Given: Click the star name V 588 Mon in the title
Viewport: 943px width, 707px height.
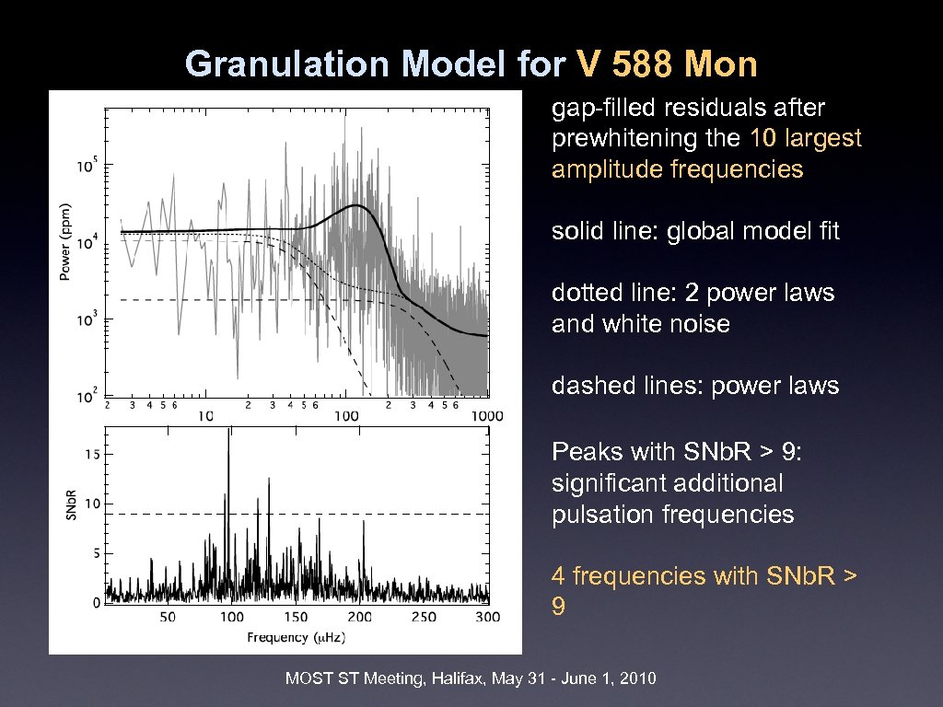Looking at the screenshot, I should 667,64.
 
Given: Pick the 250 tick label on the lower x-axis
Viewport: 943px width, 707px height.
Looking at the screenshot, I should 424,616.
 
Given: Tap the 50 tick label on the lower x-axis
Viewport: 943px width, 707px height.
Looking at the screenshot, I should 168,616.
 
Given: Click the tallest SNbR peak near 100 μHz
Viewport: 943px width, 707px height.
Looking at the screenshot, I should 227,433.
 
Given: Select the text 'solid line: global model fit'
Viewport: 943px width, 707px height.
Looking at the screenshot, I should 695,231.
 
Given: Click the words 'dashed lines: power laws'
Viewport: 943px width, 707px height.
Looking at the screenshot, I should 695,386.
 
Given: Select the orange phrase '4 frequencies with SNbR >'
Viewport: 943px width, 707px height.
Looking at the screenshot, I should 704,576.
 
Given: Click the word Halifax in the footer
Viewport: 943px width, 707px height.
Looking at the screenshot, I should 458,679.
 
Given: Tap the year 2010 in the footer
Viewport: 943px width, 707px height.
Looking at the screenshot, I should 637,679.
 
